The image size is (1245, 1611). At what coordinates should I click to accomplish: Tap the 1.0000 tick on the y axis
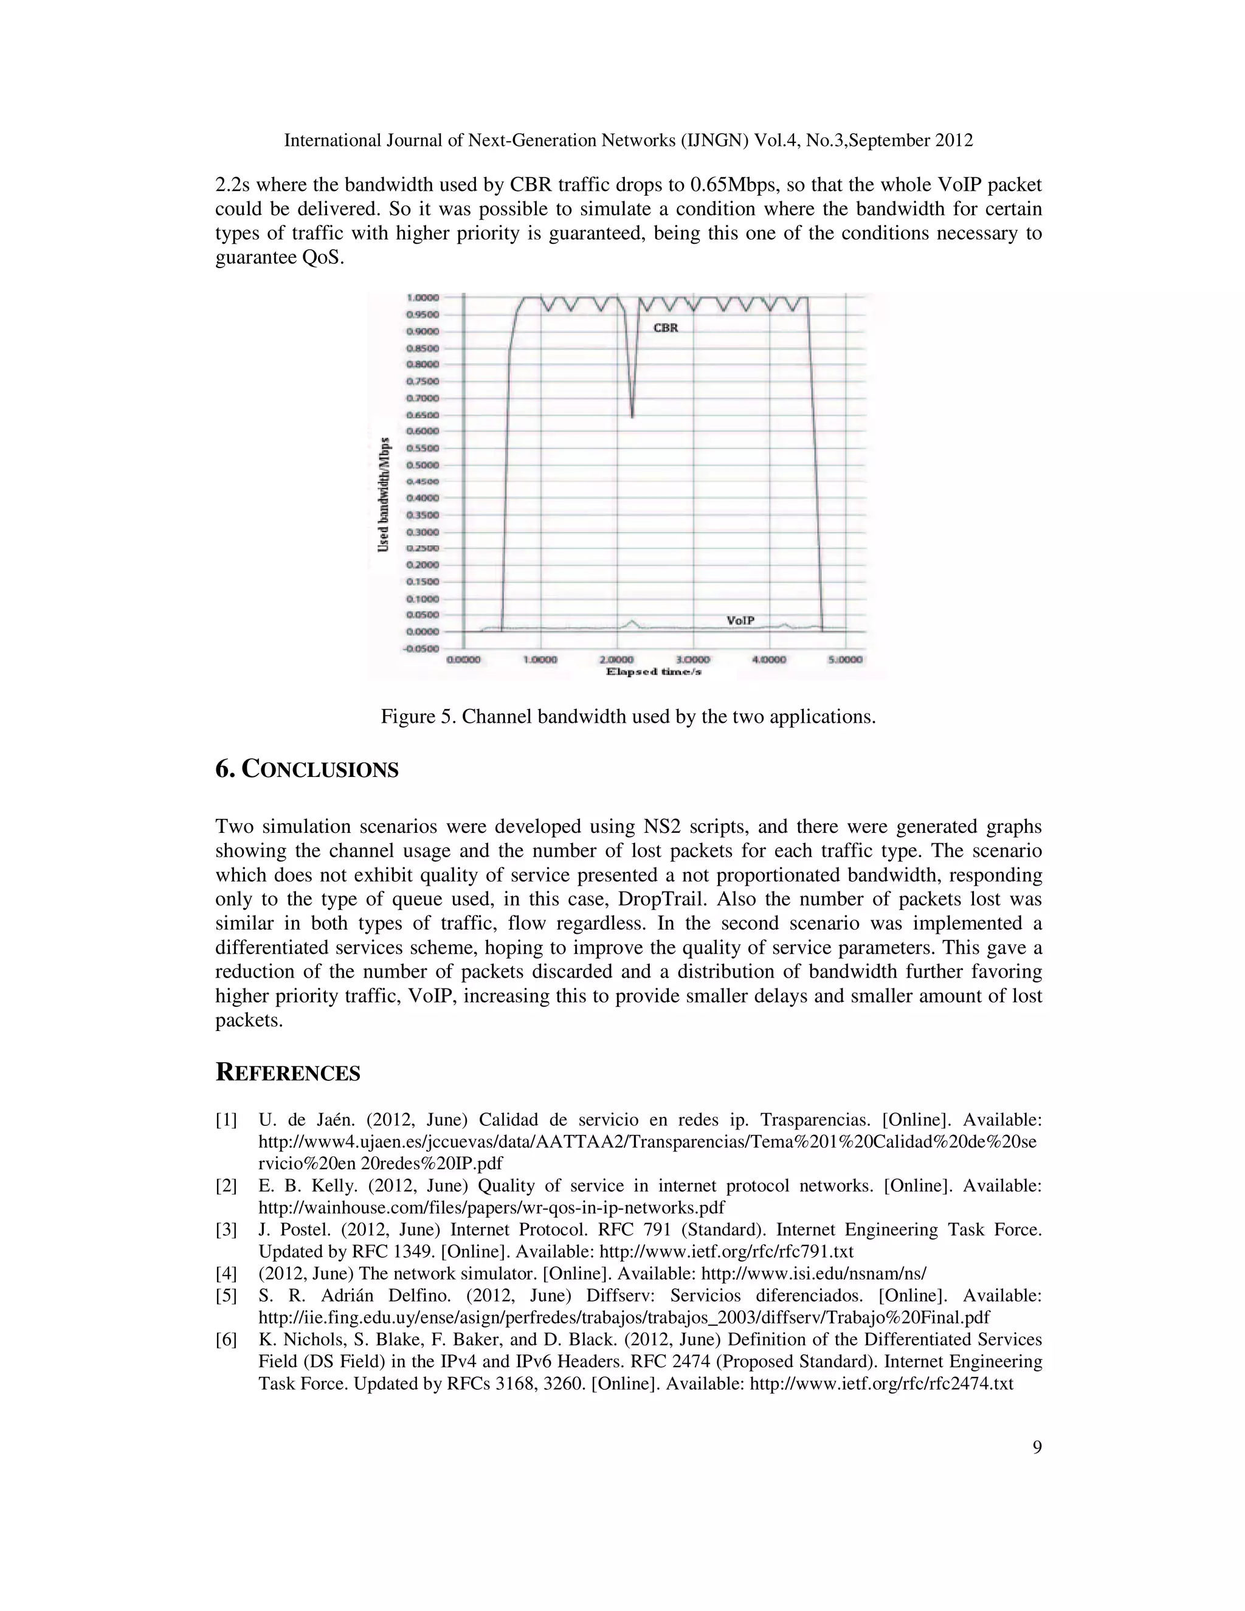click(422, 297)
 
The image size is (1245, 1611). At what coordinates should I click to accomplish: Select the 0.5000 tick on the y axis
click(422, 464)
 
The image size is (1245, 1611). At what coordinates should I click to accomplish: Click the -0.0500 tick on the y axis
click(421, 649)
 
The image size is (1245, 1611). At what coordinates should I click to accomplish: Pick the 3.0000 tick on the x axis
click(692, 660)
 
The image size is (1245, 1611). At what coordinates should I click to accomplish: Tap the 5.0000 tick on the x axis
click(845, 660)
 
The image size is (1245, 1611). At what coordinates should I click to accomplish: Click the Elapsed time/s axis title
click(654, 672)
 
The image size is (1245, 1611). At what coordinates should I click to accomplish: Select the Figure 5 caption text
click(627, 716)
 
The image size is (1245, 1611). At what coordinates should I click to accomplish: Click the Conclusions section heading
click(307, 770)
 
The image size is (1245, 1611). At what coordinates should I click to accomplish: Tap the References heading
click(288, 1072)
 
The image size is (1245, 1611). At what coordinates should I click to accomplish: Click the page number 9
click(1037, 1447)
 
